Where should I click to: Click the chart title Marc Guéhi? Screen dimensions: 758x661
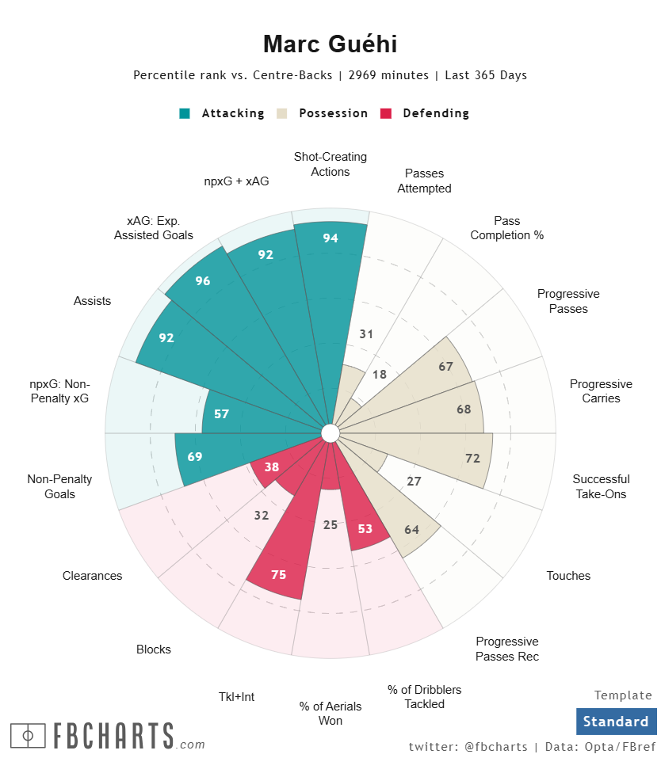point(330,44)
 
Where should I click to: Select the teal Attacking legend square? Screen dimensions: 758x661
point(185,113)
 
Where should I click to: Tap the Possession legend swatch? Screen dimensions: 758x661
point(281,113)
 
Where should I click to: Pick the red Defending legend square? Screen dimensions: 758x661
point(386,113)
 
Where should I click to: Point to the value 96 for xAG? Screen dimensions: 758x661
point(203,280)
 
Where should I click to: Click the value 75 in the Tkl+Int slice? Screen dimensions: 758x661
point(278,575)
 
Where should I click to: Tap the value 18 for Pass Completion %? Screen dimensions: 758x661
point(380,375)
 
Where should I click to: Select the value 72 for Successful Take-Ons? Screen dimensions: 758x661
point(473,458)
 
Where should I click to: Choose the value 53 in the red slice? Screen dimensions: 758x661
point(365,528)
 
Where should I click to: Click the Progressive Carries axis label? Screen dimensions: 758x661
point(601,391)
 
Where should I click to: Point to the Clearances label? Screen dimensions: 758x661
point(93,576)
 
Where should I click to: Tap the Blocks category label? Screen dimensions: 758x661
point(154,649)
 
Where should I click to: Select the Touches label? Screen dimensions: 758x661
point(568,576)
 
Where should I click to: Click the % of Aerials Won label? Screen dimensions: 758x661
point(330,714)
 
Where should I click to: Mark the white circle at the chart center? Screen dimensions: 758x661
point(330,432)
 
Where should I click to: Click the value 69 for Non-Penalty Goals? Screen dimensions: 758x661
point(194,457)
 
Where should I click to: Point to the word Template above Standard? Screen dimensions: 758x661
point(623,695)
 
